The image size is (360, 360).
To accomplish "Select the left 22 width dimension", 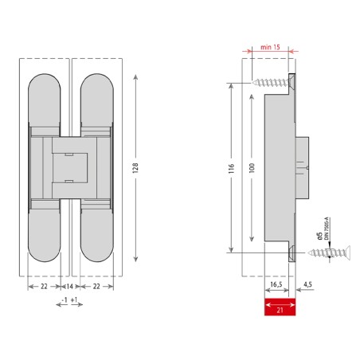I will (44, 285).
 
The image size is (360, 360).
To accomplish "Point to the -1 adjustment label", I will (63, 301).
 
